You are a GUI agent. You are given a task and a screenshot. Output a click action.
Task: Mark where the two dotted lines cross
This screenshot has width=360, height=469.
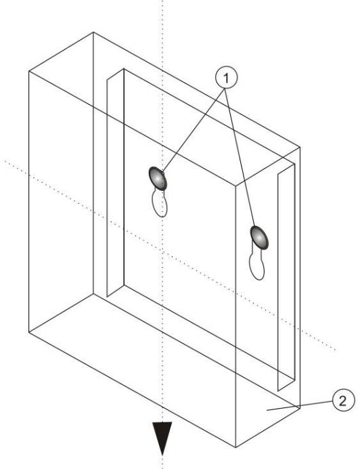point(162,246)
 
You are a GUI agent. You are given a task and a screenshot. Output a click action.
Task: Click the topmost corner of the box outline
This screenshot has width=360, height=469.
point(93,31)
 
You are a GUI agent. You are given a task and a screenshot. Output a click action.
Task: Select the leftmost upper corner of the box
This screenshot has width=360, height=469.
point(27,70)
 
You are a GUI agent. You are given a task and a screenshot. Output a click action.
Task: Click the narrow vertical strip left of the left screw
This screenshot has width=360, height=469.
point(113,183)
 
